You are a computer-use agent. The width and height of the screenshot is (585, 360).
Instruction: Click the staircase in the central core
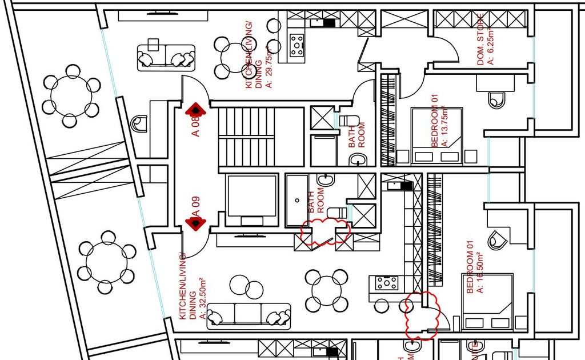coord(247,137)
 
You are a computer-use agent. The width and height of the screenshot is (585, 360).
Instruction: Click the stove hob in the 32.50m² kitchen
coord(387,282)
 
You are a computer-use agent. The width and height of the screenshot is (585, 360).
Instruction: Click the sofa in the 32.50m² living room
coord(247,315)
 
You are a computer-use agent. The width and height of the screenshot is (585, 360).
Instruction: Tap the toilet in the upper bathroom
coord(350,121)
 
